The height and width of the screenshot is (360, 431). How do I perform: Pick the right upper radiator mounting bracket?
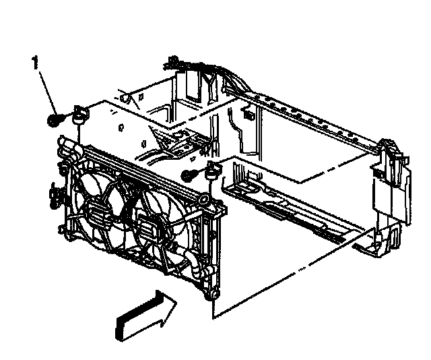[215, 170]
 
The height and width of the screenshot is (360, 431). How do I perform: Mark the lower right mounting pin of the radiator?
[213, 295]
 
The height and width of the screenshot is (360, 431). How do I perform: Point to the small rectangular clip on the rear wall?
[248, 116]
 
